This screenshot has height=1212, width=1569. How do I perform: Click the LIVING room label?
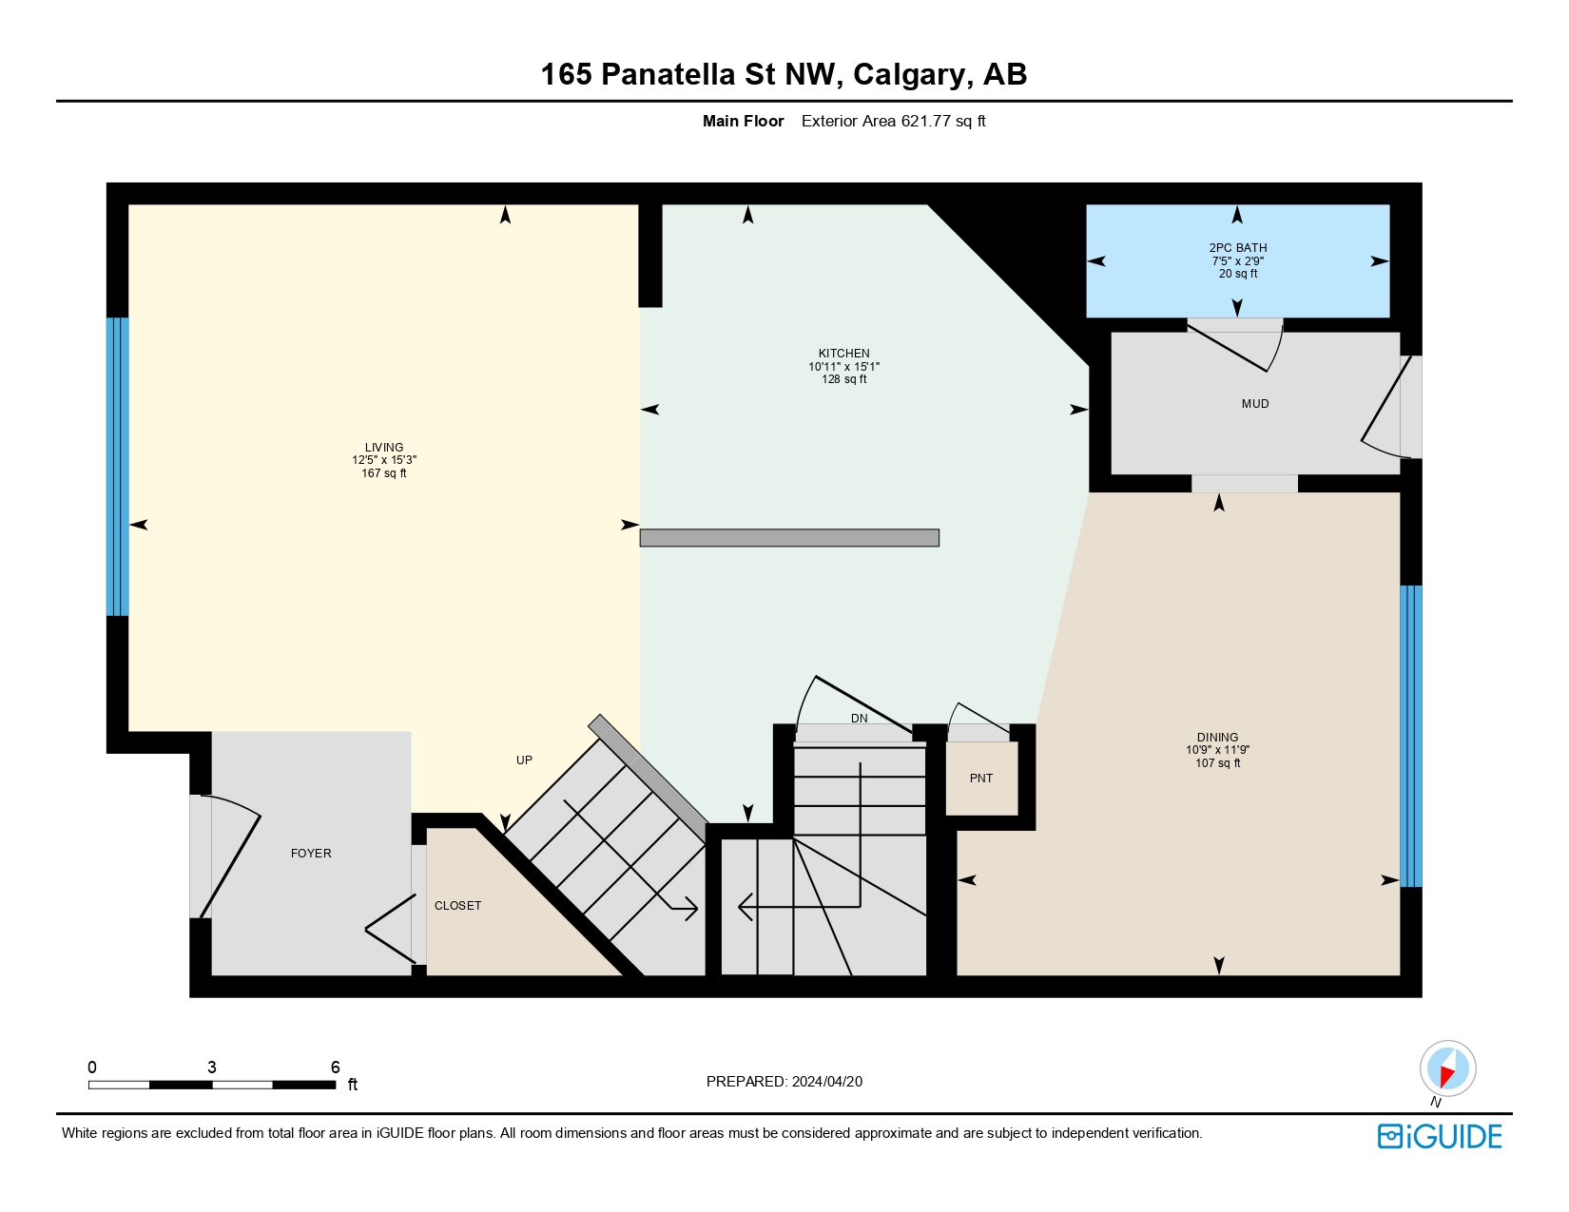click(x=384, y=447)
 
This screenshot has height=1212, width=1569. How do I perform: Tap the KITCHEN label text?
click(x=843, y=353)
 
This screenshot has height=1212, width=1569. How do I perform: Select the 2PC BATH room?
click(x=1237, y=260)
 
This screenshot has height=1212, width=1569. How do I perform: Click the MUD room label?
click(x=1254, y=404)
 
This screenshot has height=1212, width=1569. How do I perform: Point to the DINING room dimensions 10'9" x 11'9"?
click(x=1217, y=750)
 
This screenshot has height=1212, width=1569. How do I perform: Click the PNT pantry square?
click(x=981, y=779)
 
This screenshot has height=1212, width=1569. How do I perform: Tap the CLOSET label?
click(x=457, y=906)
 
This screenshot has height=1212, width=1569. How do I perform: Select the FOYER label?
click(x=311, y=854)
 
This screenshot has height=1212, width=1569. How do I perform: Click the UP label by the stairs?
click(x=524, y=760)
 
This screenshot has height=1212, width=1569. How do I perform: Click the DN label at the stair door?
click(x=859, y=719)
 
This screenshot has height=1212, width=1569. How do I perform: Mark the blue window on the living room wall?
click(x=117, y=466)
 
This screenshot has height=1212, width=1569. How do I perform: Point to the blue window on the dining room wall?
click(x=1410, y=736)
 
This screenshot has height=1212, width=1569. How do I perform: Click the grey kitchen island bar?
click(x=789, y=538)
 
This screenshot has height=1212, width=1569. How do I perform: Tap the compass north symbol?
click(x=1447, y=1068)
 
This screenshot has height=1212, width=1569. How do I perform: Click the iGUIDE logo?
click(x=1440, y=1137)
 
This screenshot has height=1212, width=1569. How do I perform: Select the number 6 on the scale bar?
click(x=335, y=1068)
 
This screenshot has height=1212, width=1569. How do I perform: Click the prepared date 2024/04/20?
click(x=826, y=1082)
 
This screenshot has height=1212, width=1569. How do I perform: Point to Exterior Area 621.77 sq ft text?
click(x=893, y=121)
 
